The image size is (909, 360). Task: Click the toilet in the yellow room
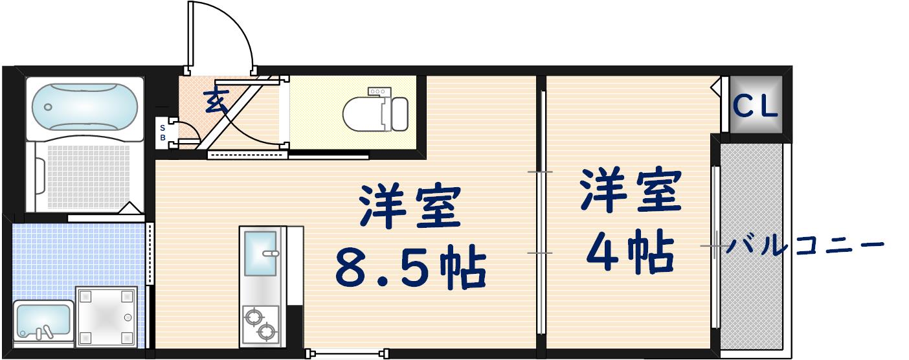point(366,113)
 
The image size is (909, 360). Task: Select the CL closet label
point(756,107)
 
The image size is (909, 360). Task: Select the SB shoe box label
point(163,133)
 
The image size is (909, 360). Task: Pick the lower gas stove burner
point(266,333)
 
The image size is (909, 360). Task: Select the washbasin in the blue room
point(43,320)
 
